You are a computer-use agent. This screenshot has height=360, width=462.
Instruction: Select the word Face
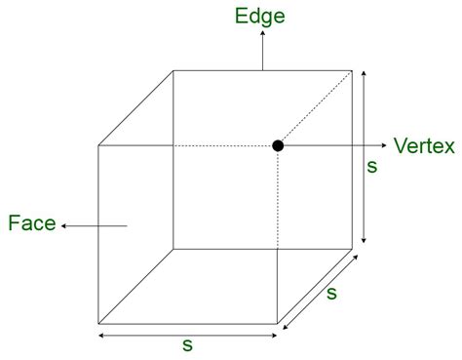click(30, 225)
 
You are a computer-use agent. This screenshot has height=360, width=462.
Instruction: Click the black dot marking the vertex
click(278, 145)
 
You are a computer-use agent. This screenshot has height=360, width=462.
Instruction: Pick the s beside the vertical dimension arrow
click(371, 167)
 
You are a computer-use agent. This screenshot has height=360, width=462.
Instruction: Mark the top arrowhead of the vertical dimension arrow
click(363, 72)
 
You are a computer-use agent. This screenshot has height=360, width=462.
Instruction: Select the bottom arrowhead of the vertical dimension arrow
click(363, 241)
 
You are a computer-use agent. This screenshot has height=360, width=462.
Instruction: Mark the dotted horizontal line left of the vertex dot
click(224, 146)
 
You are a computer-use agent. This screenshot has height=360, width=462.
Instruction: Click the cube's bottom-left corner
click(98, 322)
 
